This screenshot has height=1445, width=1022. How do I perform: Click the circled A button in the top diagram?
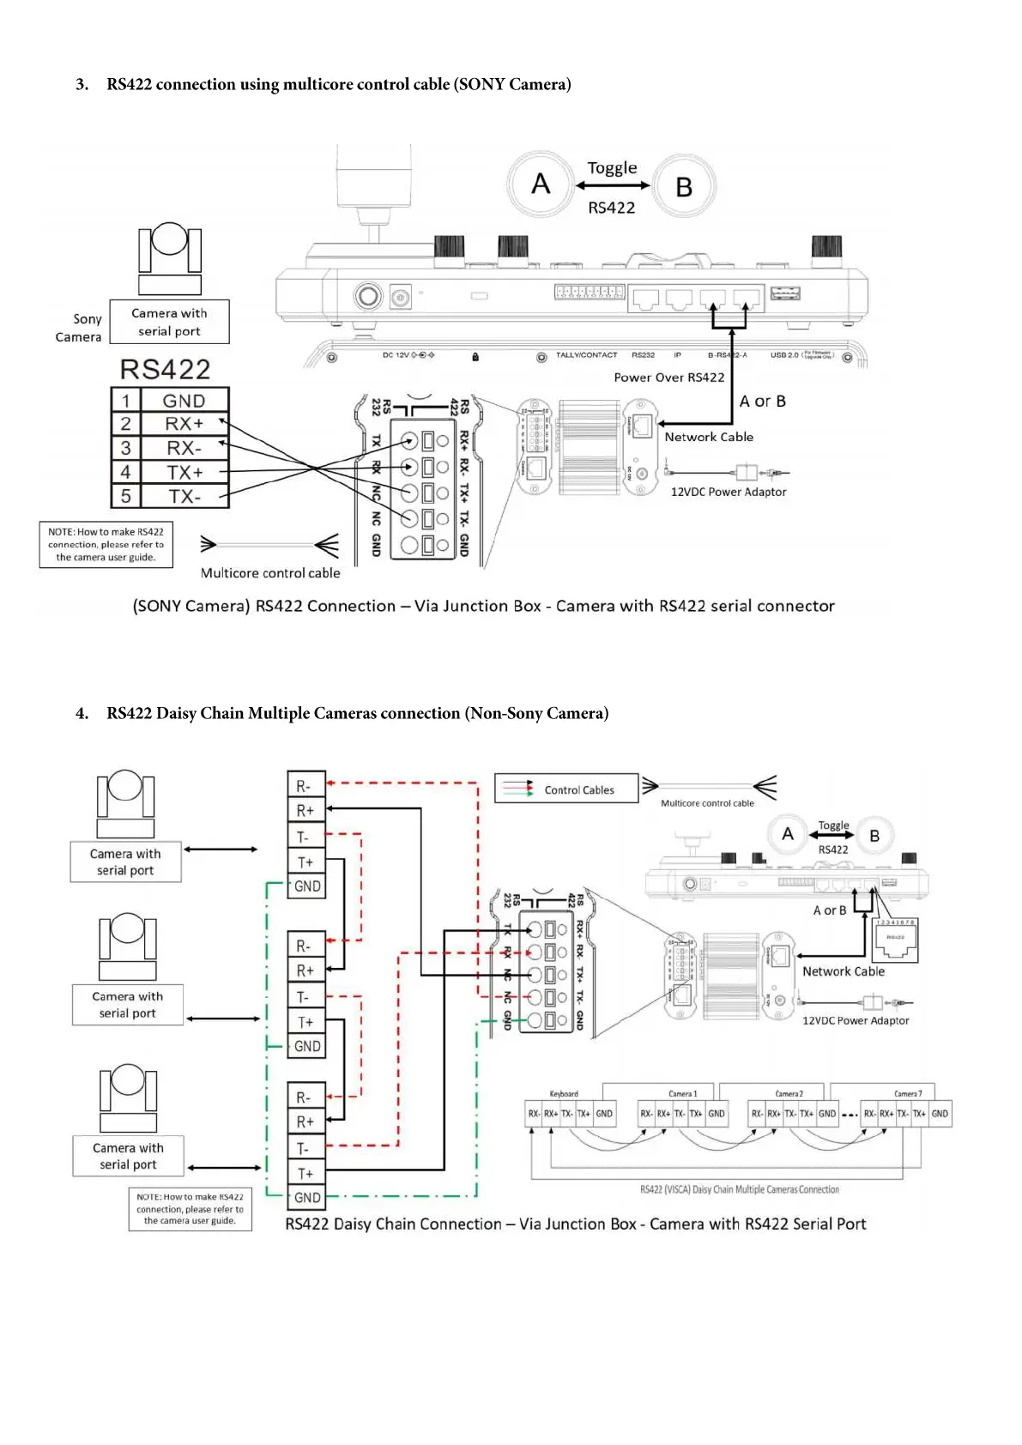pos(541,184)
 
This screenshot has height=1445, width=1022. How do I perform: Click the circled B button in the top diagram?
pos(684,186)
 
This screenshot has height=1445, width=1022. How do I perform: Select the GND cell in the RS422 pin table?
pos(184,401)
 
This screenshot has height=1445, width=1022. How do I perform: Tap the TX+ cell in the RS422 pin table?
pos(184,473)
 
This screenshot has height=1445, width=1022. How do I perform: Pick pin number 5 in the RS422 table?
pos(126,497)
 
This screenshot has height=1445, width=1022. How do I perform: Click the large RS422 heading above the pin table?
pos(165,369)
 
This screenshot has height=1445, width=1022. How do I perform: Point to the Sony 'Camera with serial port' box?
pos(169,322)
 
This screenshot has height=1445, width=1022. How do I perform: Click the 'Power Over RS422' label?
pos(668,378)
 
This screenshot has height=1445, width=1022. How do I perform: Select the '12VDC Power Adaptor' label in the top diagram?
pos(728,492)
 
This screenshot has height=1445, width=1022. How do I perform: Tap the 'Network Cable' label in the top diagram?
pos(709,437)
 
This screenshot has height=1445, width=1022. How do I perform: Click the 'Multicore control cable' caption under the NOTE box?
pos(270,573)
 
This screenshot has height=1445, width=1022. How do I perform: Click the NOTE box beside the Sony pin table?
pos(106,545)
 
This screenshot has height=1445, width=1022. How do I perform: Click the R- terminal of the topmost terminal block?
pos(305,785)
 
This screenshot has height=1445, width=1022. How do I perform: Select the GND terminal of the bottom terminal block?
pos(306,1197)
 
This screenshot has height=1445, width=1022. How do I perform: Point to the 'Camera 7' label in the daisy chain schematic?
pos(908,1094)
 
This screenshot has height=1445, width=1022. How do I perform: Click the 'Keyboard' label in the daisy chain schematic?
pos(564,1094)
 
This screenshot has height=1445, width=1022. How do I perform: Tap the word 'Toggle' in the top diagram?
pos(612,168)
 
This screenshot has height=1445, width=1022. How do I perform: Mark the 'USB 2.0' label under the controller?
pos(783,355)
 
